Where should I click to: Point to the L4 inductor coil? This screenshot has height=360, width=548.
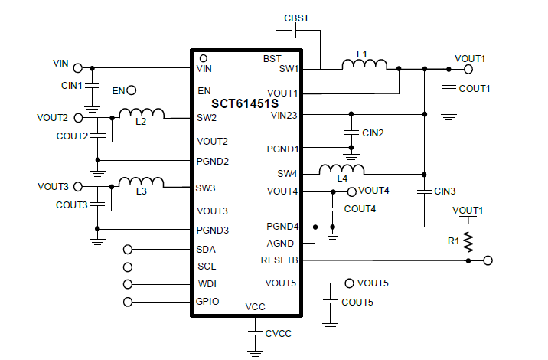341,169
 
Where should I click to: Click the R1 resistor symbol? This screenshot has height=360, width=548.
468,242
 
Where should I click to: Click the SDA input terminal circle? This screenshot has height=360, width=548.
128,250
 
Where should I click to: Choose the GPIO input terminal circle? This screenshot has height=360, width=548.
128,302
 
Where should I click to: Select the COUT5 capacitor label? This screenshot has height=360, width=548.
357,303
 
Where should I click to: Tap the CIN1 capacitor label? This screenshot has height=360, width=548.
72,85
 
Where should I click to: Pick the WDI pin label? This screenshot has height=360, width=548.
206,284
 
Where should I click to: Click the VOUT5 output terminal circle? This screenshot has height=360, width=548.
350,283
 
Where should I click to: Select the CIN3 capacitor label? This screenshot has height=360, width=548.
445,191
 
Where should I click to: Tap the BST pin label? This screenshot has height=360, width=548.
272,58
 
